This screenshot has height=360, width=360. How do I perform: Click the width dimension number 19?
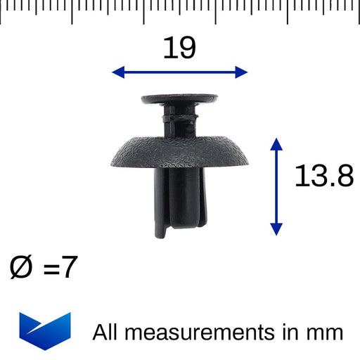(x=179, y=48)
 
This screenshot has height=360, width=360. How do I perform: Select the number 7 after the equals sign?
(x=68, y=269)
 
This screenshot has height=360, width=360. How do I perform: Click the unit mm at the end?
(x=325, y=332)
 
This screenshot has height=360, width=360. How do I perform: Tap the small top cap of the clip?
(x=179, y=102)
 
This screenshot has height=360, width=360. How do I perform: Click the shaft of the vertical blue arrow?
(x=276, y=186)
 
